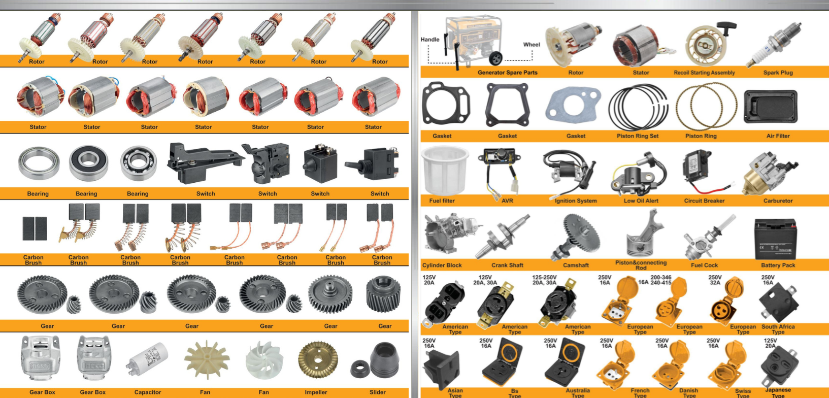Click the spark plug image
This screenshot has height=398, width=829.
(774, 44)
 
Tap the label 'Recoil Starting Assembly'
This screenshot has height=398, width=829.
(704, 73)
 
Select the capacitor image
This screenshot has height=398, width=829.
(147, 358)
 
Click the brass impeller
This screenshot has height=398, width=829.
(317, 360)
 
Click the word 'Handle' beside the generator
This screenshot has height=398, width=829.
(429, 40)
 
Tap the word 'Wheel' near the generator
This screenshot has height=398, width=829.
(531, 45)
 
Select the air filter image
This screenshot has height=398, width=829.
(771, 106)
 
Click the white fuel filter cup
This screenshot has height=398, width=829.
(445, 170)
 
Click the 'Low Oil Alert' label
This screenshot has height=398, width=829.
(641, 201)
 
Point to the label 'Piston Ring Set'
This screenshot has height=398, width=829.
(637, 136)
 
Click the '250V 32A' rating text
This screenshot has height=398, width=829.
(715, 280)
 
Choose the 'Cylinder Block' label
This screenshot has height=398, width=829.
(442, 265)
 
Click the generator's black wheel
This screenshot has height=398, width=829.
(495, 58)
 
